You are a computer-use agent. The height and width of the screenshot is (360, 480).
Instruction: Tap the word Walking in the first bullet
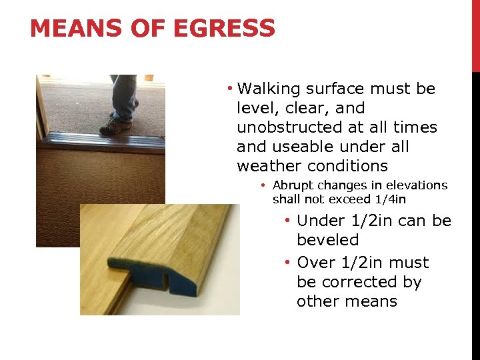(269, 89)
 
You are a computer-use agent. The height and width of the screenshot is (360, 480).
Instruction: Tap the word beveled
(327, 240)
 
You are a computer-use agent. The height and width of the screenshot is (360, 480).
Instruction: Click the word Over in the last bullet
(317, 263)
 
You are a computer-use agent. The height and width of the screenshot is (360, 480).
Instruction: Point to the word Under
(319, 221)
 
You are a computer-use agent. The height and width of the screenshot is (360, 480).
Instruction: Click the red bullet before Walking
(229, 89)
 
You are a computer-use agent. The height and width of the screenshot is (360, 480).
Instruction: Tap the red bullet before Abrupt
(264, 185)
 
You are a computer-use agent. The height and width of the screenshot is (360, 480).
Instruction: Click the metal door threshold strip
(100, 141)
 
